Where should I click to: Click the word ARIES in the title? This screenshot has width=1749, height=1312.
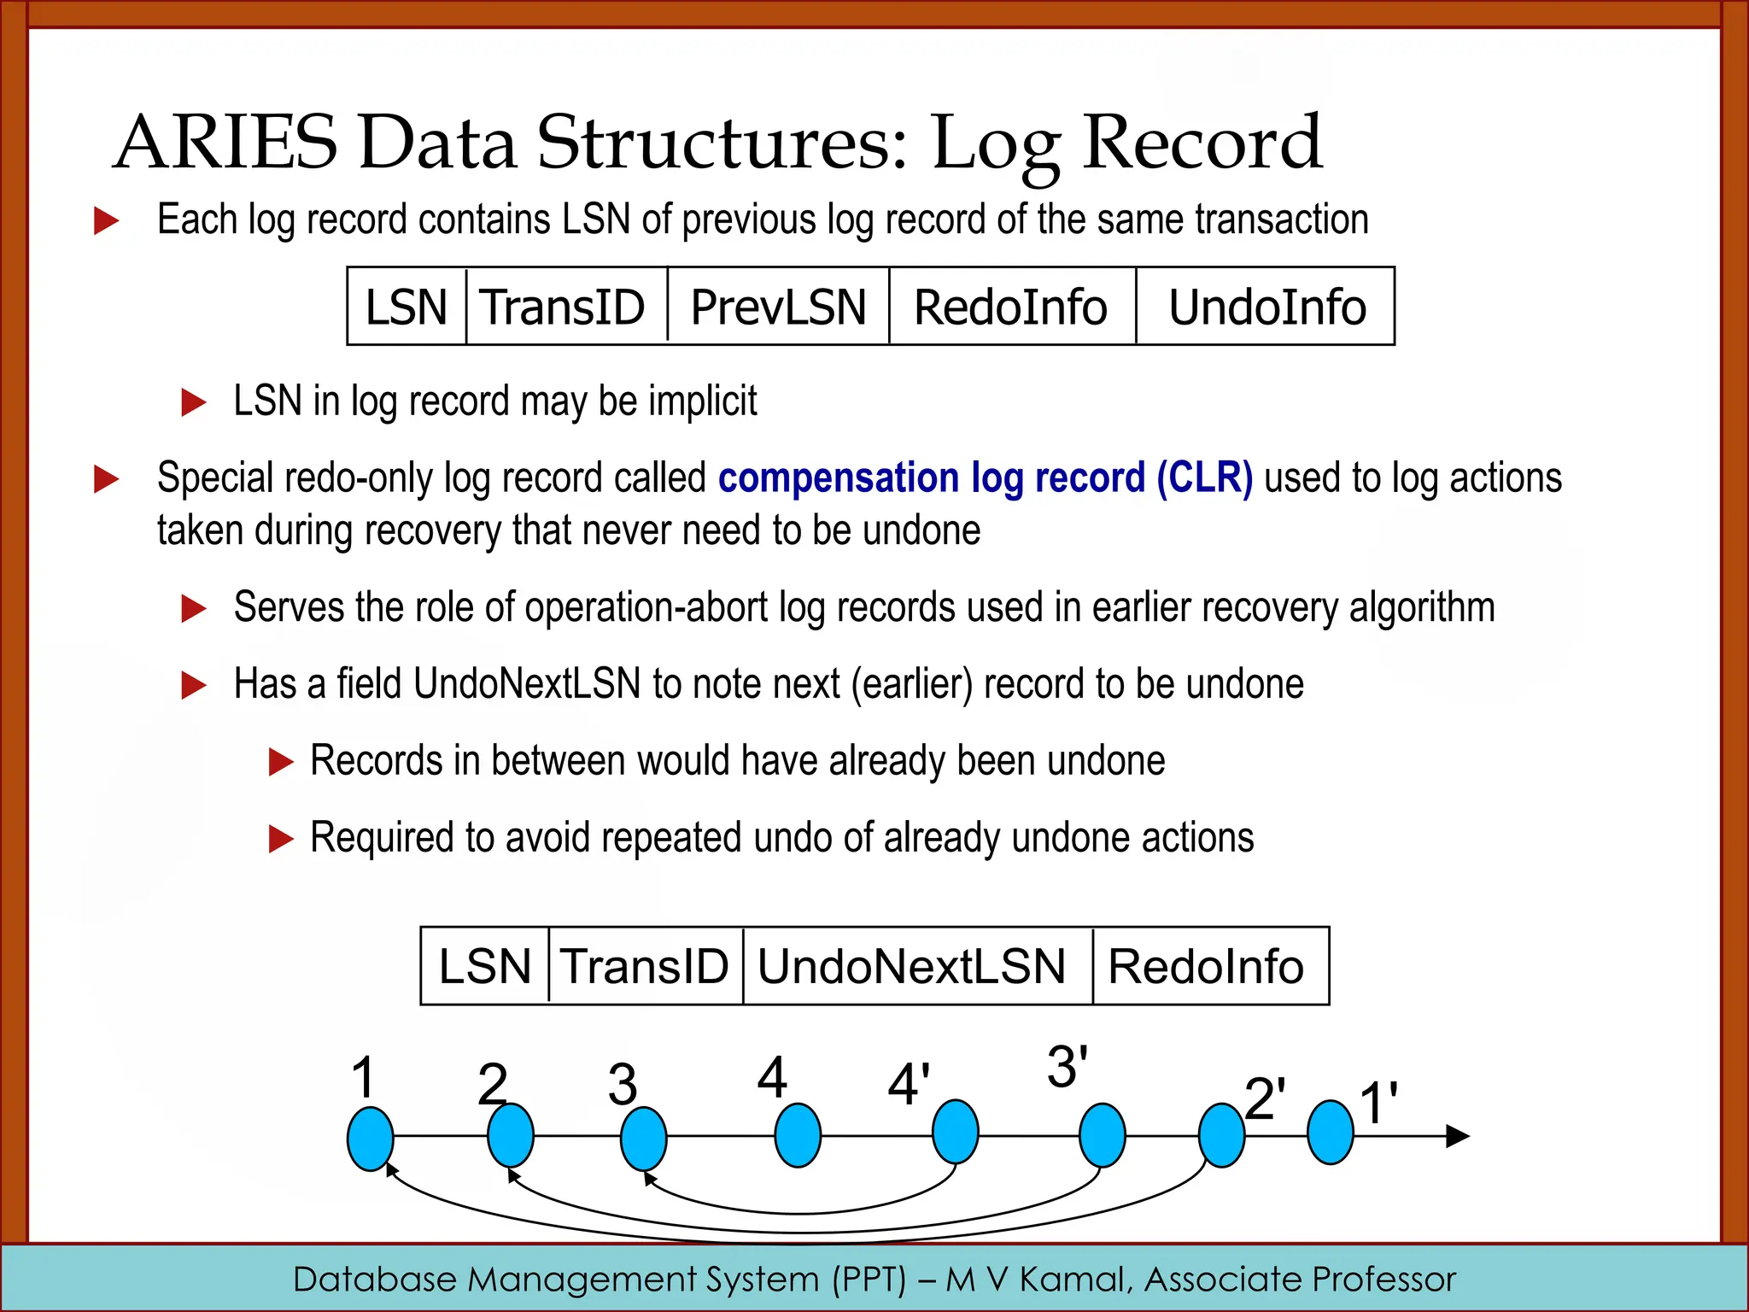[x=226, y=143]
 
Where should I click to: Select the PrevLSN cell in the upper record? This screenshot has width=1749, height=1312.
[x=778, y=307]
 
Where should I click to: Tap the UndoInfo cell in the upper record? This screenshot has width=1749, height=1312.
[x=1266, y=307]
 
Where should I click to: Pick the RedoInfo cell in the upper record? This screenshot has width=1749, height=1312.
[x=1011, y=307]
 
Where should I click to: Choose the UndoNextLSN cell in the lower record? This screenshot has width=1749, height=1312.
[x=911, y=966]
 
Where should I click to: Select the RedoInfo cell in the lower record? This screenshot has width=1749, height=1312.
[x=1206, y=966]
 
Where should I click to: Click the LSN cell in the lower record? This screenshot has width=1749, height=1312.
[x=484, y=966]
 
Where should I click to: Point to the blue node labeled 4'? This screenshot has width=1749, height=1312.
[x=955, y=1132]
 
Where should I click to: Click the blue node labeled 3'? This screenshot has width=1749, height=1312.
[x=1103, y=1135]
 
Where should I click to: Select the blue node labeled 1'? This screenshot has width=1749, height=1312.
[x=1331, y=1132]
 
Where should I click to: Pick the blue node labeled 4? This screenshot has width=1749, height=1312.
[x=798, y=1135]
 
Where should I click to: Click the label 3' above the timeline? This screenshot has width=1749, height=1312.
[x=1068, y=1067]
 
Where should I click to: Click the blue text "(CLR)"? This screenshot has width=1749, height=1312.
[x=1204, y=477]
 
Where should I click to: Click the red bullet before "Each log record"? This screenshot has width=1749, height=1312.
[x=106, y=220]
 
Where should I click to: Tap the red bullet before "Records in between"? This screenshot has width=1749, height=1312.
[x=281, y=761]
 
